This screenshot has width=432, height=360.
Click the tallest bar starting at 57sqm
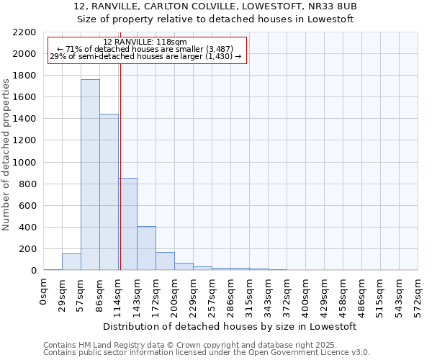(x=90, y=175)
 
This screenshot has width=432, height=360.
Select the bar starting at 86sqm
(x=109, y=192)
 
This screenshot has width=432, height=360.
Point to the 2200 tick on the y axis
(x=26, y=32)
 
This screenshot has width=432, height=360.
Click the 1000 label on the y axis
(x=26, y=163)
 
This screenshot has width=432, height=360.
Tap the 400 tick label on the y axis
(x=29, y=228)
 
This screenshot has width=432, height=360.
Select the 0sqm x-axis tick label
(x=44, y=292)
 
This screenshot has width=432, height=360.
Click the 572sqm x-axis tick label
(x=418, y=295)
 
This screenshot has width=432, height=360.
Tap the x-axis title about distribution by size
(x=230, y=326)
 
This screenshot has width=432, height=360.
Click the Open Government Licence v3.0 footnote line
(x=207, y=353)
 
